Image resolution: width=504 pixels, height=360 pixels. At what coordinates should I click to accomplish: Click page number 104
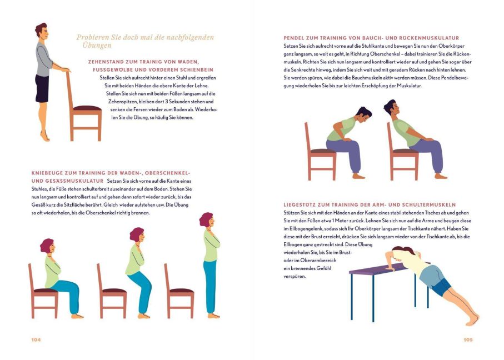[x=36, y=339]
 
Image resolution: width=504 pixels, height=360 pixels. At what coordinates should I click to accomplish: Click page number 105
[x=468, y=339]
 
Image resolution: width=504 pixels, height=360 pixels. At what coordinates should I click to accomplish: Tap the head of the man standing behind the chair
[x=42, y=31]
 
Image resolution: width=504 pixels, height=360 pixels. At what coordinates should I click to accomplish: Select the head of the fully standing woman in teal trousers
[x=207, y=220]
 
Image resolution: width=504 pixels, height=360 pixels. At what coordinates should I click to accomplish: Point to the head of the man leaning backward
[x=391, y=108]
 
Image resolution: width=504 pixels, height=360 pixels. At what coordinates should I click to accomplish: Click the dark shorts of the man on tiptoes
[x=42, y=89]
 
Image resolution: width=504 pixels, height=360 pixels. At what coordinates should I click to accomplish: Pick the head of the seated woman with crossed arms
[x=48, y=246]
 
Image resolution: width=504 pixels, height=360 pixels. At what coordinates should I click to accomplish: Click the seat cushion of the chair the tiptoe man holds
[x=87, y=108]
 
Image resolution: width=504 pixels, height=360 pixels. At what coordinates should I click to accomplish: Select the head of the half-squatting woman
[x=138, y=235]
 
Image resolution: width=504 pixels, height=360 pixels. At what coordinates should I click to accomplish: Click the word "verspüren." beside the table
[x=295, y=277]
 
